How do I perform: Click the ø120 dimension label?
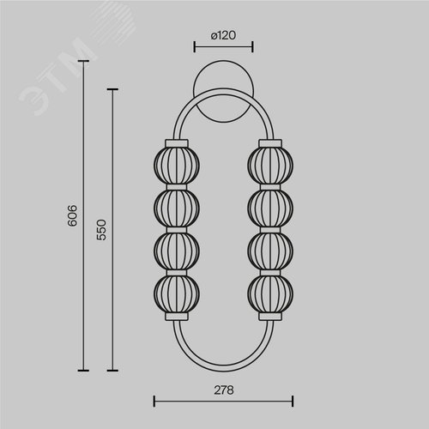pyautogui.click(x=223, y=35)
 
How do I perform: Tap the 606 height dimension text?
pyautogui.click(x=72, y=215)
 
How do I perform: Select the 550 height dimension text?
pyautogui.click(x=101, y=230)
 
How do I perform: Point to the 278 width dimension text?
pyautogui.click(x=224, y=390)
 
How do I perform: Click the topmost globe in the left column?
pyautogui.click(x=177, y=166)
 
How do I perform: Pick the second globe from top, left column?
pyautogui.click(x=177, y=208)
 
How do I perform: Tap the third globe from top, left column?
pyautogui.click(x=177, y=251)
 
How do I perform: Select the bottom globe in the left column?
pyautogui.click(x=177, y=293)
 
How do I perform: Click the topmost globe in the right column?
pyautogui.click(x=270, y=166)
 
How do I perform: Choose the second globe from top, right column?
pyautogui.click(x=270, y=208)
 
